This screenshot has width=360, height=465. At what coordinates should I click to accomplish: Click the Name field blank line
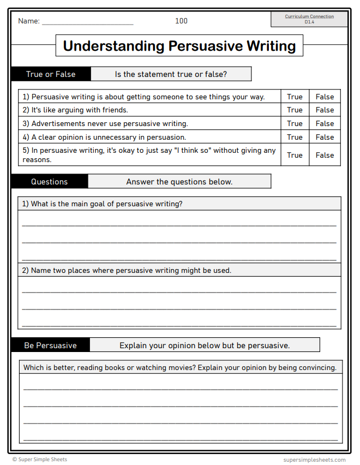[x=87, y=22]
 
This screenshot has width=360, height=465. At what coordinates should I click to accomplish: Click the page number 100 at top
[x=181, y=21]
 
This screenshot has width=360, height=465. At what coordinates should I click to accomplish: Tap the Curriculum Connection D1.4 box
[x=309, y=19]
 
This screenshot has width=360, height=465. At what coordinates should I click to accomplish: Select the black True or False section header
[x=51, y=74]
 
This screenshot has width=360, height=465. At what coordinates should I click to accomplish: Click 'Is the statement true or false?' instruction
[x=171, y=74]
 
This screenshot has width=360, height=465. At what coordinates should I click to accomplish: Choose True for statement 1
[x=295, y=97]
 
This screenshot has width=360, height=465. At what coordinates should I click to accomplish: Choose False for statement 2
[x=325, y=110]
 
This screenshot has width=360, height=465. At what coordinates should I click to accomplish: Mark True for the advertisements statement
[x=295, y=123]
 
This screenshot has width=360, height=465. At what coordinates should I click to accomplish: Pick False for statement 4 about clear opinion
[x=325, y=137]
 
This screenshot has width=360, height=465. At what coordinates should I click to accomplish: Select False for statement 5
[x=325, y=155]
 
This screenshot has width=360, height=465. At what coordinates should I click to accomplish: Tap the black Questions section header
[x=49, y=182]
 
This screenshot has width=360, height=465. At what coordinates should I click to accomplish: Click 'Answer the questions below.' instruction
[x=179, y=182]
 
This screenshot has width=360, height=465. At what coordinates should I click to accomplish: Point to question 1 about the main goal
[x=102, y=204]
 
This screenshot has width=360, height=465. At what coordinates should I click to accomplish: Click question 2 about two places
[x=127, y=270]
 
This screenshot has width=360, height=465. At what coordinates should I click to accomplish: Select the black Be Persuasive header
[x=50, y=345]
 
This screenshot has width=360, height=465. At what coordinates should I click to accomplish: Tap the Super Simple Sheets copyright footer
[x=40, y=460]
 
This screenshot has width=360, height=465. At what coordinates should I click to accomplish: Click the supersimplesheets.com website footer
[x=315, y=460]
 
